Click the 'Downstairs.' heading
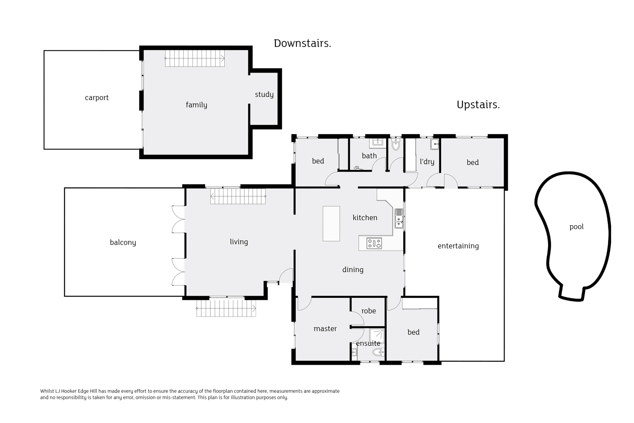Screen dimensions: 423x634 302,43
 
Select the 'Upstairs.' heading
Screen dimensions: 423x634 478,105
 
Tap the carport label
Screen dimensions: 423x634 97,98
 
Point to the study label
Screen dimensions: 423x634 264,94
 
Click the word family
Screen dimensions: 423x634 197,105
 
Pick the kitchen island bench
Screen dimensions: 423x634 331,223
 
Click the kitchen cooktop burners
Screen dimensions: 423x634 374,243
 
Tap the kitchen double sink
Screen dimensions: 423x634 399,218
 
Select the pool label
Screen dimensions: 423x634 576,227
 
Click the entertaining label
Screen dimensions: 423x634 458,246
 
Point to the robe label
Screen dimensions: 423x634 369,311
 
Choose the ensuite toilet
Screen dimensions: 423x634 378,352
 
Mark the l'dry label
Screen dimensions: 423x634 427,162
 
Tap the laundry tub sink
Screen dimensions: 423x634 435,144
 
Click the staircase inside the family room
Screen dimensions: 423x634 195,59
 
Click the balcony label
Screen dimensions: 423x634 123,242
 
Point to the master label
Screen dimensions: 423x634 325,328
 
